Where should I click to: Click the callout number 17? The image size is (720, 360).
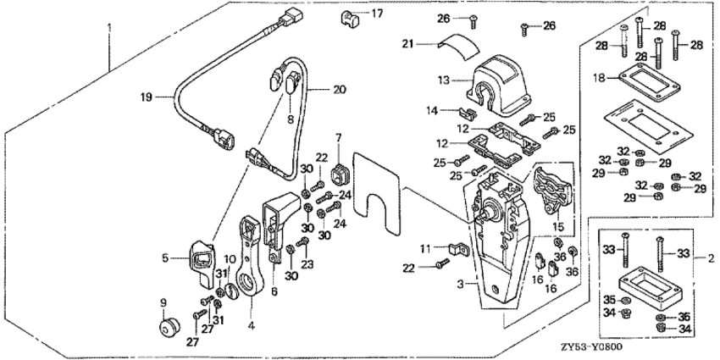pyautogui.click(x=377, y=14)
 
